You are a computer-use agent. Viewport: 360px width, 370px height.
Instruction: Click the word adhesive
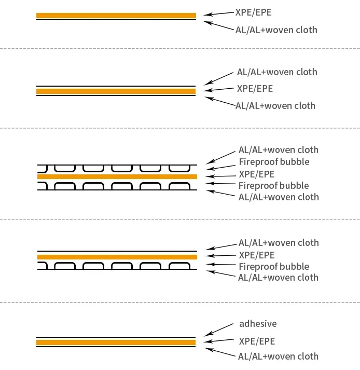tap(258, 324)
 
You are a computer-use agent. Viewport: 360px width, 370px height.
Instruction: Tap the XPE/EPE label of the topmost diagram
tap(254, 12)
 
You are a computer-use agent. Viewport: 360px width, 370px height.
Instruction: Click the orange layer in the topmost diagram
tap(116, 16)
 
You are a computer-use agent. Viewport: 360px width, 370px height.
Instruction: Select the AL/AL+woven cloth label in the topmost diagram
tap(276, 30)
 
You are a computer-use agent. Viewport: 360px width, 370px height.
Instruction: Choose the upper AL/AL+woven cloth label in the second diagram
tap(276, 72)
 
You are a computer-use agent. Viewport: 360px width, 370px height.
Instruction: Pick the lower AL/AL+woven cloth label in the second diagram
tap(275, 106)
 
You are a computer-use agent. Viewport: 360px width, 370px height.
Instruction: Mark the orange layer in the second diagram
tap(116, 91)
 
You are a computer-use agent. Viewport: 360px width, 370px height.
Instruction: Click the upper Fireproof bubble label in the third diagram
tap(274, 162)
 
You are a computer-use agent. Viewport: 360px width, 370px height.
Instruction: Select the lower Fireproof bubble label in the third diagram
tap(273, 186)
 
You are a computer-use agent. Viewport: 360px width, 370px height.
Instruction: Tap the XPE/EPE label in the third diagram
tap(256, 174)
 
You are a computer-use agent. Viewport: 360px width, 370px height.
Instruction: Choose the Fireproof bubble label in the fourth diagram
tap(274, 267)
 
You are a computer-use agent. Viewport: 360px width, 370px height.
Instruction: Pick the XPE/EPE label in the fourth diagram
tap(256, 255)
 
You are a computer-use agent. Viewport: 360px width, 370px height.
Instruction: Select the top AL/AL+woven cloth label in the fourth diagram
tap(279, 243)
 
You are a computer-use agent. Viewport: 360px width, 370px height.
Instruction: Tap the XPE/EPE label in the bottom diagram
tap(256, 341)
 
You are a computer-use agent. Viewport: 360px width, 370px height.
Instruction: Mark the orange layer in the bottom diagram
tap(116, 342)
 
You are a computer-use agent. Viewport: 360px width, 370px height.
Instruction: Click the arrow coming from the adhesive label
tap(218, 330)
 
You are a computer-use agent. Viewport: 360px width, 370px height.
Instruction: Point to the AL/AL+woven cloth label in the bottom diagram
tap(278, 357)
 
